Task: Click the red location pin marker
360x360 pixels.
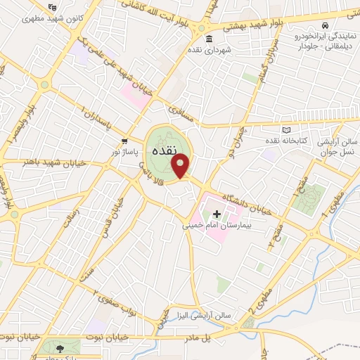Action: (181, 165)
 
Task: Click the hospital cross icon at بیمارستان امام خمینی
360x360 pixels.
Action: (217, 214)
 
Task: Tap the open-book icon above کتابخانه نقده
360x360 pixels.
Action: (285, 130)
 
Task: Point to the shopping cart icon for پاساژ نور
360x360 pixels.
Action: (124, 140)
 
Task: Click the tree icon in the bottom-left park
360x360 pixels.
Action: (58, 347)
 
